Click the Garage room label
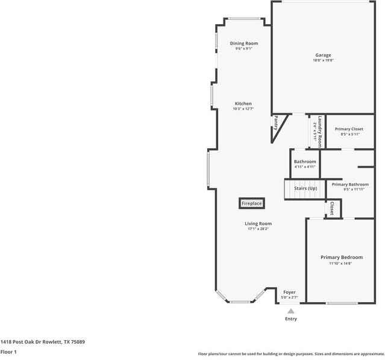[322, 55]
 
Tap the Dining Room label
[244, 43]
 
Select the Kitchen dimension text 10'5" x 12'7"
[243, 109]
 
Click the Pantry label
[276, 123]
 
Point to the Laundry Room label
[320, 132]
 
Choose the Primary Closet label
[349, 129]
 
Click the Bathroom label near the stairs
[305, 161]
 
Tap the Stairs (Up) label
[305, 188]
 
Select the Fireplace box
[252, 203]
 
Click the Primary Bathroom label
[350, 184]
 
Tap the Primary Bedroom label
[341, 257]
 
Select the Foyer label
[289, 292]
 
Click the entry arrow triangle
[291, 311]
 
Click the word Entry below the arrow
[291, 319]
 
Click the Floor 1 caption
[8, 352]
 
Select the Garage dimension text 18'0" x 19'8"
[322, 60]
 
